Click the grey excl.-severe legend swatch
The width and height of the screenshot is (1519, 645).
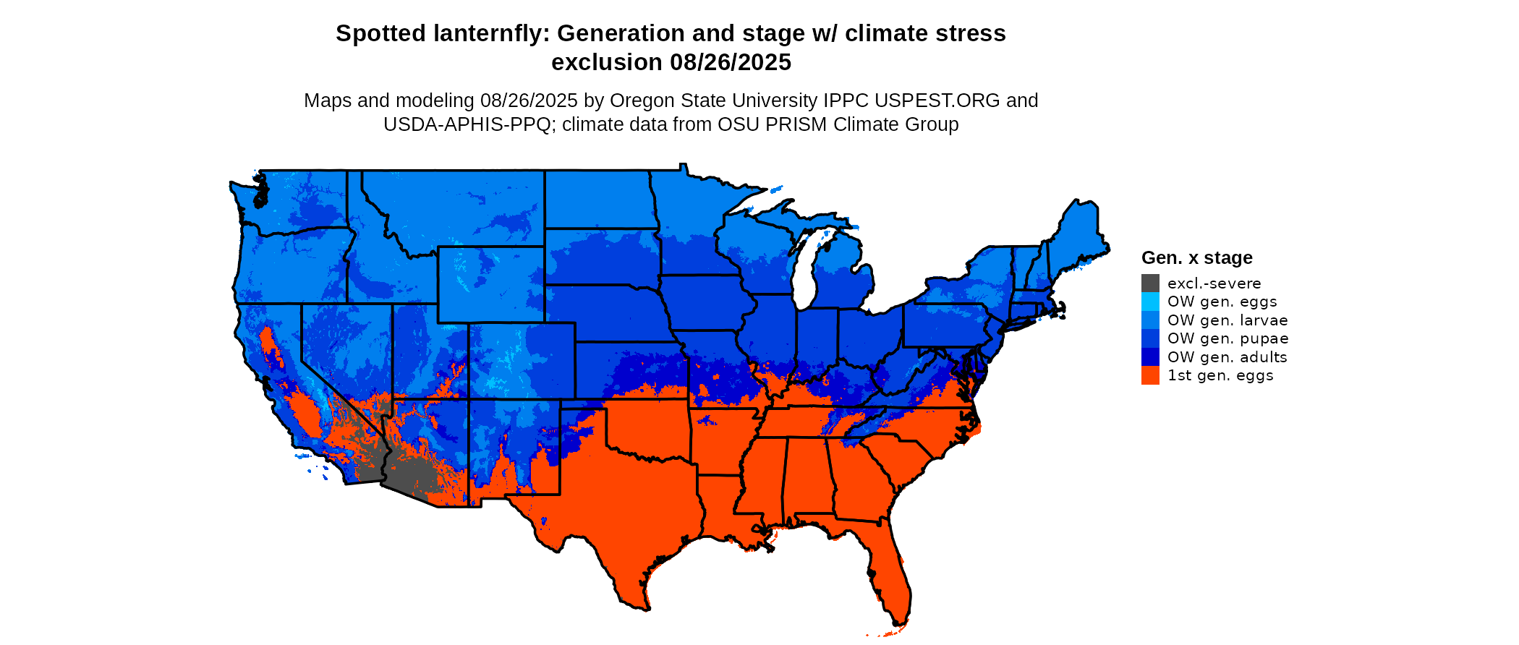1150,283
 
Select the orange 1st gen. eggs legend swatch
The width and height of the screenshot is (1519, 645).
1150,375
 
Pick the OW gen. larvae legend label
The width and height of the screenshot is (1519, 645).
1227,320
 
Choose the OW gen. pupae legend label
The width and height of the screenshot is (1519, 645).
1227,338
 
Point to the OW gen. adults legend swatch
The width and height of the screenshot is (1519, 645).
1150,357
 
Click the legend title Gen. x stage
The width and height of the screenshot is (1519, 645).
1196,257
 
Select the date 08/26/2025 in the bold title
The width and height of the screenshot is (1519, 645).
731,62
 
